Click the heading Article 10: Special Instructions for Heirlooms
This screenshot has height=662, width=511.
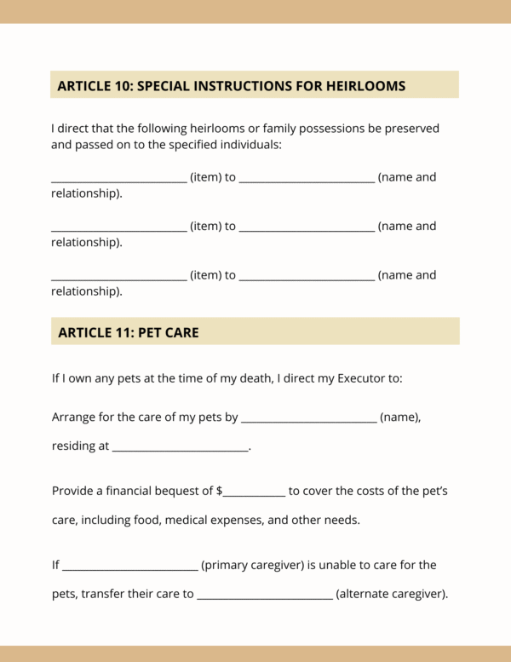point(231,86)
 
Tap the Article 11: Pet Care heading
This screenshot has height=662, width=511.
point(128,332)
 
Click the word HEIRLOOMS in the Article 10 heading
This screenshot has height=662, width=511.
point(359,86)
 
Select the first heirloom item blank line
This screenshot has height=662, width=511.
point(118,180)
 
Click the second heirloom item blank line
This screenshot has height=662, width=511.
point(118,228)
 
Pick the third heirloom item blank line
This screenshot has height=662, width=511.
point(118,278)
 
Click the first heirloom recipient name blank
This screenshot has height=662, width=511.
point(307,180)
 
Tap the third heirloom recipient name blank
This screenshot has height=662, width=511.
point(307,278)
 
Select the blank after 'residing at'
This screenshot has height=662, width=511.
point(180,448)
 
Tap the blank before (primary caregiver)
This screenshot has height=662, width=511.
point(129,567)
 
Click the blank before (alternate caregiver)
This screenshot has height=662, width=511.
point(265,596)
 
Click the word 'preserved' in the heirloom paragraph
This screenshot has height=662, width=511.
point(410,129)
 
